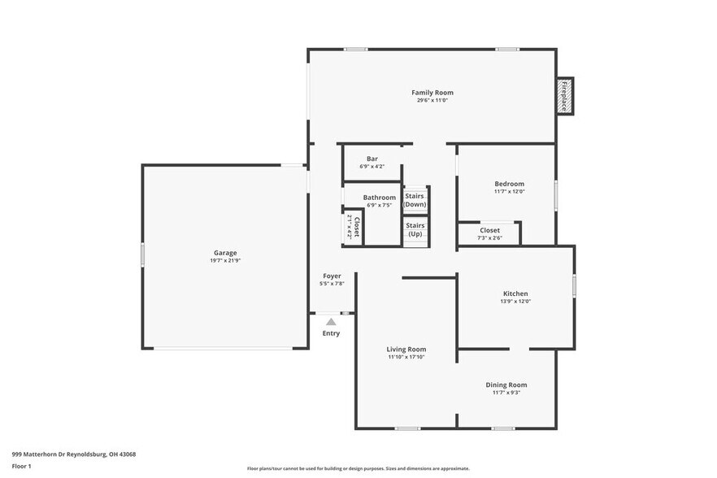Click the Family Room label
coord(432,93)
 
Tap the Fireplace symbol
coord(564,97)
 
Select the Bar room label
coord(372,159)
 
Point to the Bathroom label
coord(380,198)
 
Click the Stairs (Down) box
coord(415,200)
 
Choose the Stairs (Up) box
coord(415,229)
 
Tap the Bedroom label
coord(509,184)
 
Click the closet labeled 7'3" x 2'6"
coord(489,234)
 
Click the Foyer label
coord(332,276)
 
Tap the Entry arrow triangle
coord(331,322)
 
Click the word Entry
coord(331,333)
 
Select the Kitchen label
coord(515,293)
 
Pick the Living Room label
coord(406,350)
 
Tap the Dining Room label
coord(506,385)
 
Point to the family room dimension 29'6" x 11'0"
coord(432,101)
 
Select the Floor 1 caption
coord(21,467)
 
